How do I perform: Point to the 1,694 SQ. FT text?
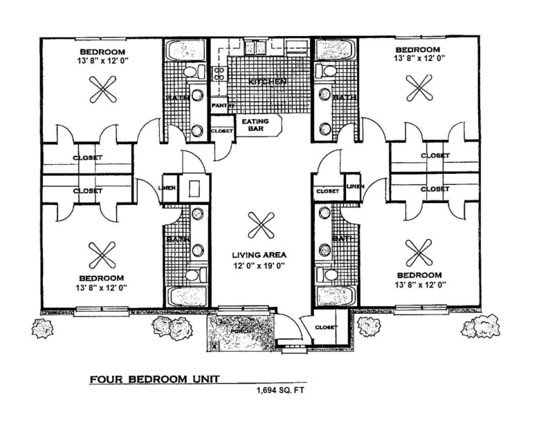coord(280,389)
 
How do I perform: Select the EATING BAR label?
coord(255,125)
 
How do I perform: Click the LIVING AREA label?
coord(259,254)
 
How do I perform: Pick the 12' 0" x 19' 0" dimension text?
coord(259,265)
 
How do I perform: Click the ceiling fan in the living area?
coord(261,225)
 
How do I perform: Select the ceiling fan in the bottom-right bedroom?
coord(418,253)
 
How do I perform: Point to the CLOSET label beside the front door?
coord(325,327)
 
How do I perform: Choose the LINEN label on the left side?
coord(170,188)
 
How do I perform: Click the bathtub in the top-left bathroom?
coord(183,51)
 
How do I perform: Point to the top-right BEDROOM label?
coord(417,50)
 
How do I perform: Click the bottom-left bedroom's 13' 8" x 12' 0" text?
coord(102,287)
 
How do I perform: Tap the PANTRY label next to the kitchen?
coord(220,105)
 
